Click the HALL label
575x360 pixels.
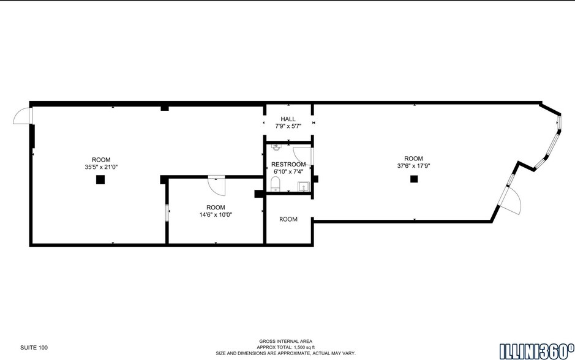(288, 119)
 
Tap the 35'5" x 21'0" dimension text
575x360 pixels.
(101, 167)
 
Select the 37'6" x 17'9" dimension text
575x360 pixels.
(413, 165)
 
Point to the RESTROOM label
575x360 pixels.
(288, 164)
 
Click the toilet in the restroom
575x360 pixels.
(276, 186)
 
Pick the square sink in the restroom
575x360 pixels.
(303, 187)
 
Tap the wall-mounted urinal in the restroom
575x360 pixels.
(276, 148)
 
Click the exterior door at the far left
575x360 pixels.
(22, 116)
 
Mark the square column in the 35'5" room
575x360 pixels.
(100, 180)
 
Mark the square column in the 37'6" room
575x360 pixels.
(414, 179)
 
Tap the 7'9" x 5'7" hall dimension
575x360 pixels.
(288, 126)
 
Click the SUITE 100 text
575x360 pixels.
(34, 348)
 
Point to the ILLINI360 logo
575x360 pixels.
(536, 350)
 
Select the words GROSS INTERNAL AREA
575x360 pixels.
(285, 341)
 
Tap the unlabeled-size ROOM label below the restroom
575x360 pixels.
(288, 219)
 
